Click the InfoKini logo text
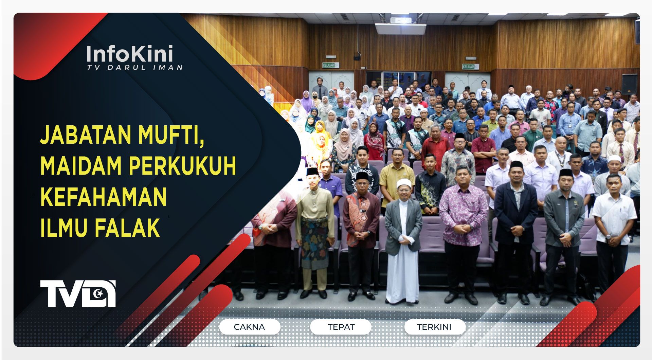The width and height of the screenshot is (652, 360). tap(129, 54)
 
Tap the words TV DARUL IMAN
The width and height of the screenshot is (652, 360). tap(135, 68)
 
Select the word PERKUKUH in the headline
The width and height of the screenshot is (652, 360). tap(182, 166)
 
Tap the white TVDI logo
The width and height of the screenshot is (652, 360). tap(78, 294)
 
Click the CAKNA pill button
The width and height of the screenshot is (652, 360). tap(250, 327)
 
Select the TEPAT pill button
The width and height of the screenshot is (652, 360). tap(341, 327)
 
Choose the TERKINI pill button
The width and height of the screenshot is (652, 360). tap(434, 327)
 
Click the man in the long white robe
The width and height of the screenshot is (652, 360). tap(403, 245)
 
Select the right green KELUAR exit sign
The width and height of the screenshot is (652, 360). tap(469, 67)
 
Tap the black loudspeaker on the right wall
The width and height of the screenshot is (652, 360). tap(629, 84)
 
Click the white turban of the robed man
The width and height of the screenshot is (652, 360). tap(403, 183)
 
